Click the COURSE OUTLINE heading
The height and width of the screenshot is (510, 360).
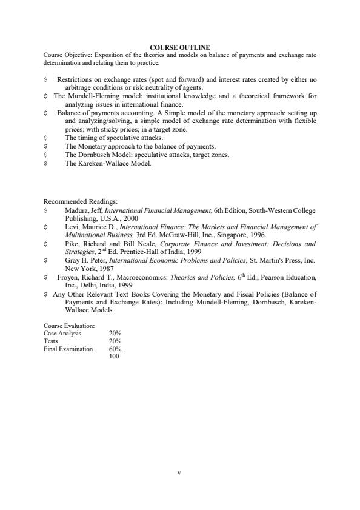(x=179, y=47)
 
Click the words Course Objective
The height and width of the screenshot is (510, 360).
(x=64, y=55)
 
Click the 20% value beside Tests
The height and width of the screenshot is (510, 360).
(x=115, y=341)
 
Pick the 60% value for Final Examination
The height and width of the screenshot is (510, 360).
(x=115, y=349)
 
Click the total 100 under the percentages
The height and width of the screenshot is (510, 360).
(x=114, y=357)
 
